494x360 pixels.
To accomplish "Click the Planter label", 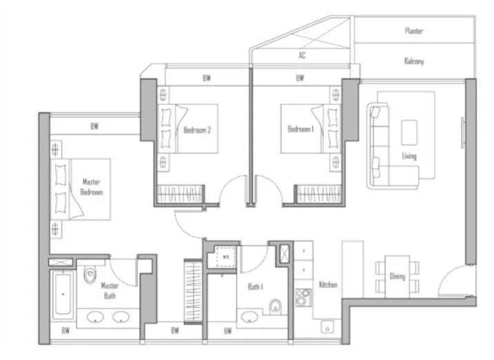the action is [x=414, y=30].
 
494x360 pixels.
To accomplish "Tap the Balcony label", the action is [x=414, y=61].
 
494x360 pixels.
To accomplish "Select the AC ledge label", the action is [x=302, y=55].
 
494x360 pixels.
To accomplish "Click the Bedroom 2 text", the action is [x=197, y=130].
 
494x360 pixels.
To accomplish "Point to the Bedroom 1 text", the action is [x=301, y=129].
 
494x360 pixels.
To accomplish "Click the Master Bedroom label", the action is [x=92, y=187].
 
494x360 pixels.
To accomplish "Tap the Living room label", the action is [x=409, y=156].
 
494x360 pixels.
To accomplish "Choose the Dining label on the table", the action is [x=397, y=276].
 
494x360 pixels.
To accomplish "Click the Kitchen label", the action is [x=328, y=285].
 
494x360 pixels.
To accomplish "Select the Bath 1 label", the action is [x=256, y=287].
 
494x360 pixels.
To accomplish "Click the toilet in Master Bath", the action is [x=90, y=274].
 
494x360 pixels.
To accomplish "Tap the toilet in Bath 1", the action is [x=276, y=307].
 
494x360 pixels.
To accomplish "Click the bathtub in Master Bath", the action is [x=63, y=294].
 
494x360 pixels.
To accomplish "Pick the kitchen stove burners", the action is [x=303, y=297].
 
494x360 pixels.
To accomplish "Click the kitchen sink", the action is [x=327, y=327].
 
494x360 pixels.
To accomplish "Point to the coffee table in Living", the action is [x=409, y=132].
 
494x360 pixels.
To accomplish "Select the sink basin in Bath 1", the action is [x=249, y=317].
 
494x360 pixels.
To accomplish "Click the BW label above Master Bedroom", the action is [x=95, y=126].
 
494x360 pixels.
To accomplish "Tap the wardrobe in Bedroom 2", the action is [x=180, y=193].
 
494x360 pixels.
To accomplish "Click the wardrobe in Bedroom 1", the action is [x=319, y=193].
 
